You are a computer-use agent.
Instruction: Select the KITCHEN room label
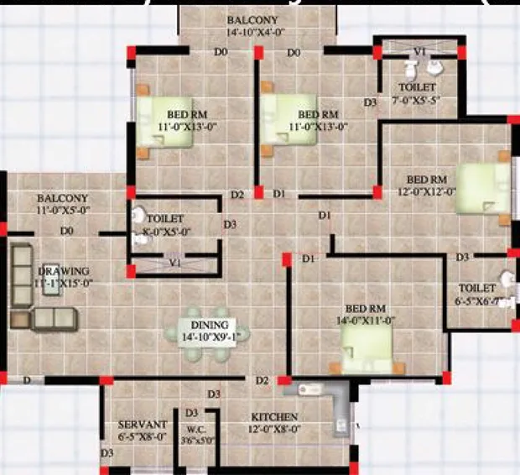[275, 417]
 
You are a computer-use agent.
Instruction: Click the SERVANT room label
[142, 425]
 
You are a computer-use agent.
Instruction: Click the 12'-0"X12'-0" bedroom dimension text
[426, 191]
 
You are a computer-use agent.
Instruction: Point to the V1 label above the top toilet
[421, 51]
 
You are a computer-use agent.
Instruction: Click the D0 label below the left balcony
[67, 230]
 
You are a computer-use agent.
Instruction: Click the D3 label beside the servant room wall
[107, 453]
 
